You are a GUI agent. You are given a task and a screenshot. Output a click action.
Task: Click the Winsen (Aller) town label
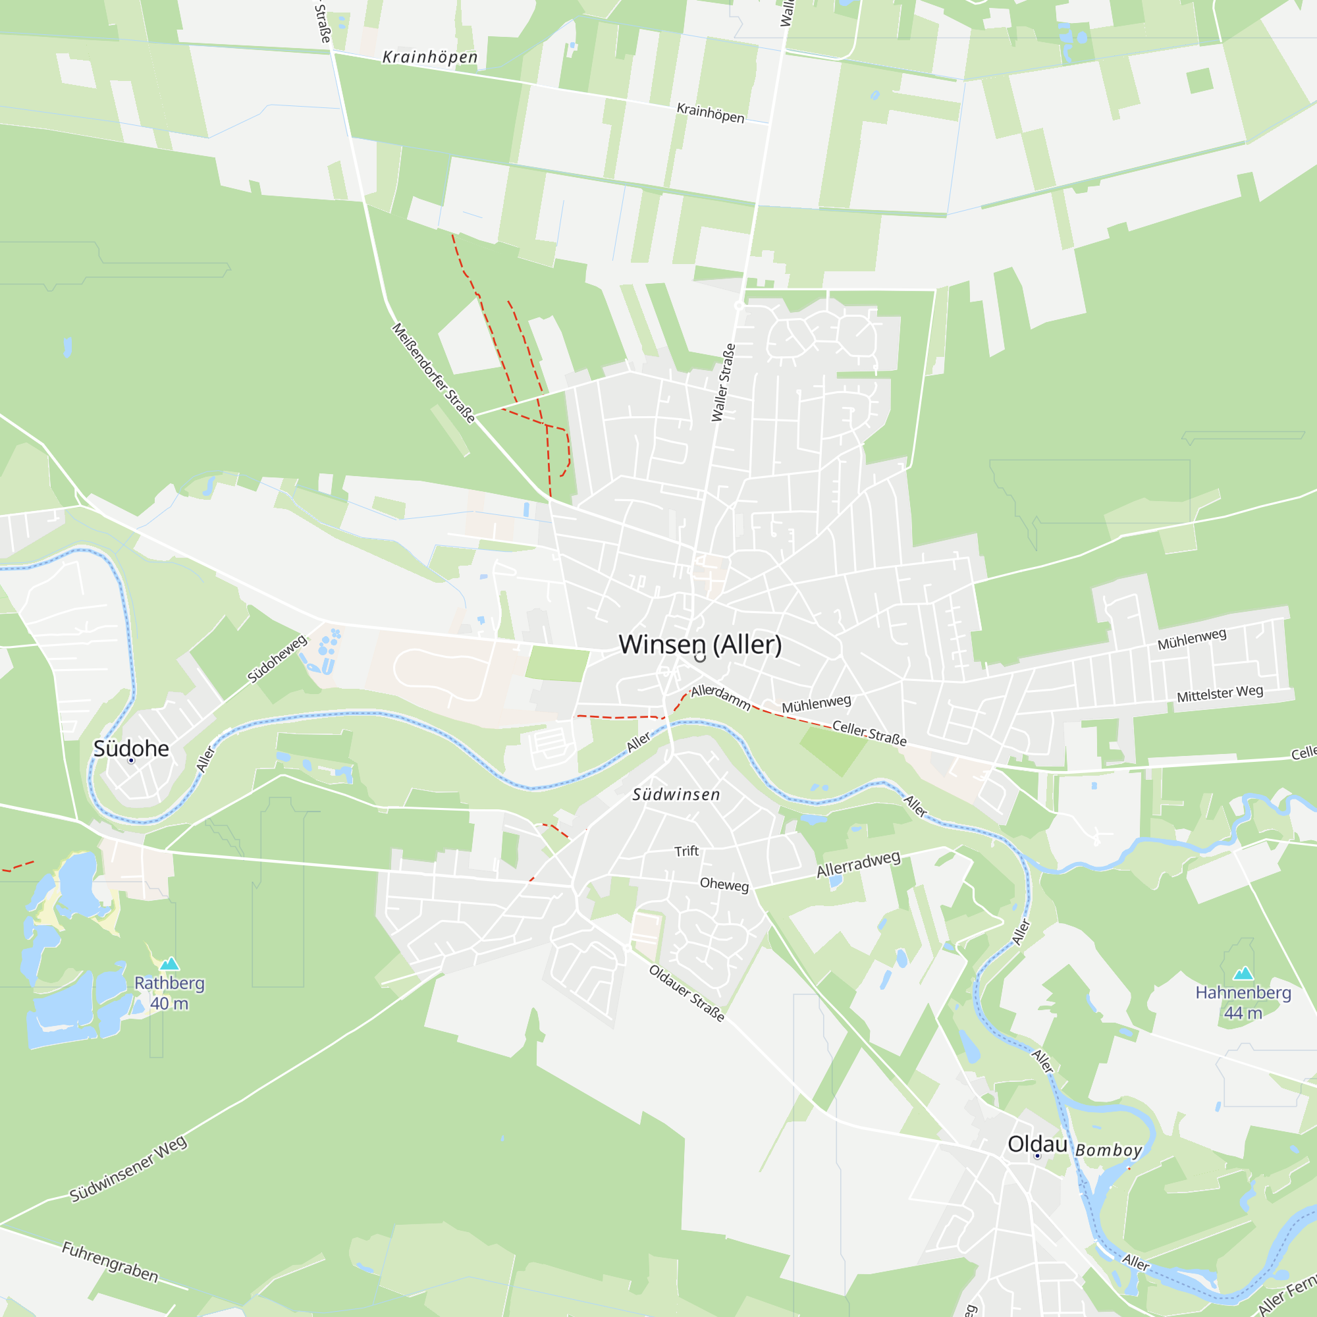tap(700, 644)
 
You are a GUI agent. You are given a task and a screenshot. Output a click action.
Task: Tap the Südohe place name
tap(131, 749)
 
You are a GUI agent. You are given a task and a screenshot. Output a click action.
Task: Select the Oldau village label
tap(1037, 1144)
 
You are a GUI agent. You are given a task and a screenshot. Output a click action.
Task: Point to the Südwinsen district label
tap(676, 794)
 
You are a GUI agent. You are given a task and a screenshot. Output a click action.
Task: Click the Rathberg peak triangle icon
tap(169, 964)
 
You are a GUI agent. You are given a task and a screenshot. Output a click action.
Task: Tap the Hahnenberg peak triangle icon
tap(1243, 973)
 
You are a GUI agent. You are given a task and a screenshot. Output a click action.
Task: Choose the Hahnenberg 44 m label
tap(1243, 1002)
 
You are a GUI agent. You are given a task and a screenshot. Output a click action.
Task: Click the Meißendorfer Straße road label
tap(433, 373)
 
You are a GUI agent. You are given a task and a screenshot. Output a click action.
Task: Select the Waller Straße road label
tap(723, 383)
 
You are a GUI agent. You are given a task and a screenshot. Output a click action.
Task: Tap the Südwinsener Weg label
tap(128, 1168)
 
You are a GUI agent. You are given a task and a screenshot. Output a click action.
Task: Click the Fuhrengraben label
tap(111, 1262)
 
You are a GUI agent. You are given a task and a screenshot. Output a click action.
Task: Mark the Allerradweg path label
tap(858, 864)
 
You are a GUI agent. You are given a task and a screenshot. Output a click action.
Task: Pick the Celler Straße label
tap(869, 734)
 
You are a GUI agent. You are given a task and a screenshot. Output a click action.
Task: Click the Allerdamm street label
tap(720, 697)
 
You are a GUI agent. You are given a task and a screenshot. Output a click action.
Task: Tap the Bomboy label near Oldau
tap(1108, 1150)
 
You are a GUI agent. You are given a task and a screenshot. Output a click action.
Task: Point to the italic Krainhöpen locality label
tap(430, 57)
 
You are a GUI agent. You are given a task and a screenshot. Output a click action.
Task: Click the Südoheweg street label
tap(277, 658)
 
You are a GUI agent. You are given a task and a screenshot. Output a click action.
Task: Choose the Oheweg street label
tap(724, 884)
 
